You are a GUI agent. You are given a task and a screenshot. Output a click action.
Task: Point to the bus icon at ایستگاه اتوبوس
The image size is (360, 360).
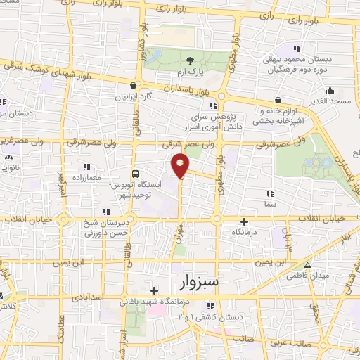tap(136, 173)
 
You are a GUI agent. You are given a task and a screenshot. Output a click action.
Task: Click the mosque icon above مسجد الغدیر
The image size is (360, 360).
tap(329, 90)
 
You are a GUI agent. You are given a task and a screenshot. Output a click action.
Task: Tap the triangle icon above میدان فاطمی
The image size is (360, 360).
tap(307, 265)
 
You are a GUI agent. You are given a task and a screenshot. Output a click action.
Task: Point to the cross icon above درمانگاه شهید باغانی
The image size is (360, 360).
tap(154, 290)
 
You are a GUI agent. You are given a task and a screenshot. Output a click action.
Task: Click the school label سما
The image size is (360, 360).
tap(271, 203)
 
